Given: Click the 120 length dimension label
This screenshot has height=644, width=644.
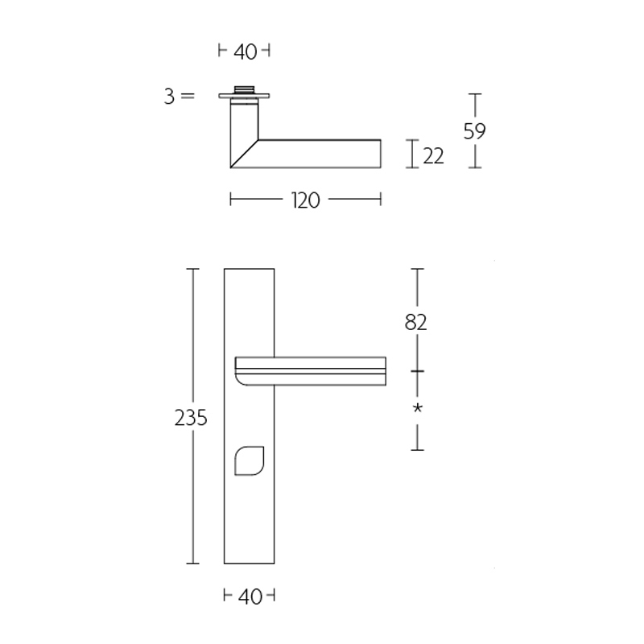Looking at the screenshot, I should pos(305,200).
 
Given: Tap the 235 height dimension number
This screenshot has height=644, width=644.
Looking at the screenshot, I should pos(191,418).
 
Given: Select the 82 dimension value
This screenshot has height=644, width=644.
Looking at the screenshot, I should pos(416,322).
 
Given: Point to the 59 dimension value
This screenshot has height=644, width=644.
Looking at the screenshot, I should pos(475,130).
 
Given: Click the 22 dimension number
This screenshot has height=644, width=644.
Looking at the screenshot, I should pos(434,155).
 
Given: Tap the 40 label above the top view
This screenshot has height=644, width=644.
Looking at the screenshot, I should pos(245,52).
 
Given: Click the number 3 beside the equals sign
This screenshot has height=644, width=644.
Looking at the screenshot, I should pos(169,97).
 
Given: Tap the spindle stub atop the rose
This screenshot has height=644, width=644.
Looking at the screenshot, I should pos(244,89).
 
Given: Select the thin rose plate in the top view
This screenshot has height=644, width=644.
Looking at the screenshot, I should pos(244,97).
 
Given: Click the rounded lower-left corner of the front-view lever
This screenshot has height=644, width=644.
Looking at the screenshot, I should pos(241,380).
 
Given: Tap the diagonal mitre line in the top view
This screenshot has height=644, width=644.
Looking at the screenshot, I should pos(244,154).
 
